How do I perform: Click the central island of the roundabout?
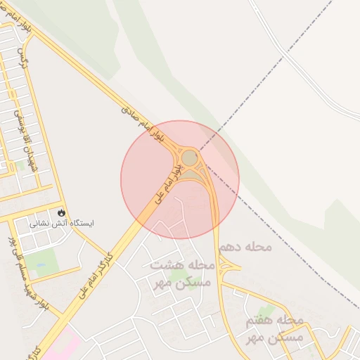coord(190,158)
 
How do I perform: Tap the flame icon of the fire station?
coord(62,212)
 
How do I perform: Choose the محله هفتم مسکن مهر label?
coord(274,328)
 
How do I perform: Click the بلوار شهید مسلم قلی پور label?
coord(25,274)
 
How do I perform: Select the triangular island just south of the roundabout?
coord(191,174)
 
